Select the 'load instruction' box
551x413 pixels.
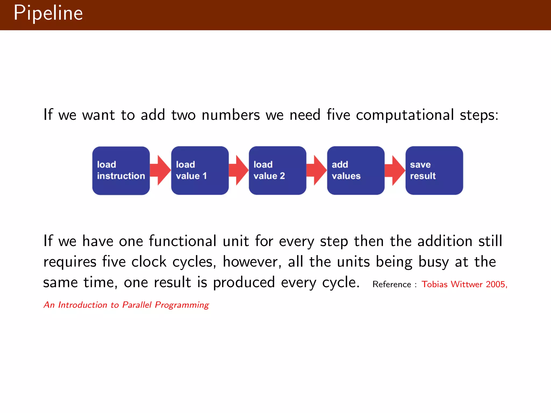click(x=121, y=170)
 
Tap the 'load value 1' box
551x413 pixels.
click(x=200, y=170)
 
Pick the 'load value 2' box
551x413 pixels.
click(x=277, y=170)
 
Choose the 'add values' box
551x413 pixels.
click(x=356, y=170)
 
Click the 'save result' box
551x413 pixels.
click(x=434, y=170)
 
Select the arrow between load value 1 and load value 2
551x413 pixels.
click(x=239, y=170)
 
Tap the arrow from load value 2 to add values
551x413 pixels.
click(x=317, y=170)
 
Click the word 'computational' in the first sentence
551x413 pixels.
click(x=405, y=115)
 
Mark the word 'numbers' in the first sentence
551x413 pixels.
click(x=231, y=115)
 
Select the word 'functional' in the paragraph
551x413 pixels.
click(x=182, y=241)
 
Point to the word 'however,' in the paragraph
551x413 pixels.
click(x=252, y=262)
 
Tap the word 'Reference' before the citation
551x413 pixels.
click(x=392, y=284)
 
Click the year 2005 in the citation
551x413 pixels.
click(x=496, y=284)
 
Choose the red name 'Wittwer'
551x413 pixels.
click(x=467, y=284)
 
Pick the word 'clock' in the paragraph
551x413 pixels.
click(x=149, y=262)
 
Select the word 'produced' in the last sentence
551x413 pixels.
click(x=244, y=283)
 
